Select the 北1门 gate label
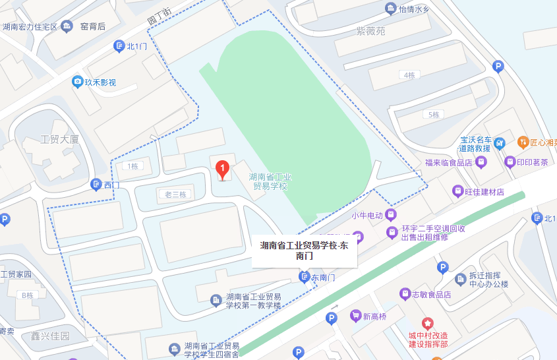tap(136, 46)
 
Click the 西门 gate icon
tap(96, 185)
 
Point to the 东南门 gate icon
tap(304, 277)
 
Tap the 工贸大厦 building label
tap(60, 139)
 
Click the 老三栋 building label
tap(176, 195)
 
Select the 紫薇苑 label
tap(370, 31)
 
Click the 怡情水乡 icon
tap(390, 9)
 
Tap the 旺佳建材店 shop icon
tap(457, 191)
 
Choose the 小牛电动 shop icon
tap(391, 215)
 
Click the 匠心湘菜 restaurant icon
tap(523, 142)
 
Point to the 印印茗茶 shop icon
tap(510, 162)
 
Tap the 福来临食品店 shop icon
tap(482, 162)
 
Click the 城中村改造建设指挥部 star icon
tap(428, 324)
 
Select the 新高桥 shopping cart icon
tap(356, 316)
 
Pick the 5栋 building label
tap(433, 115)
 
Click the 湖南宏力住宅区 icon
tap(67, 27)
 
